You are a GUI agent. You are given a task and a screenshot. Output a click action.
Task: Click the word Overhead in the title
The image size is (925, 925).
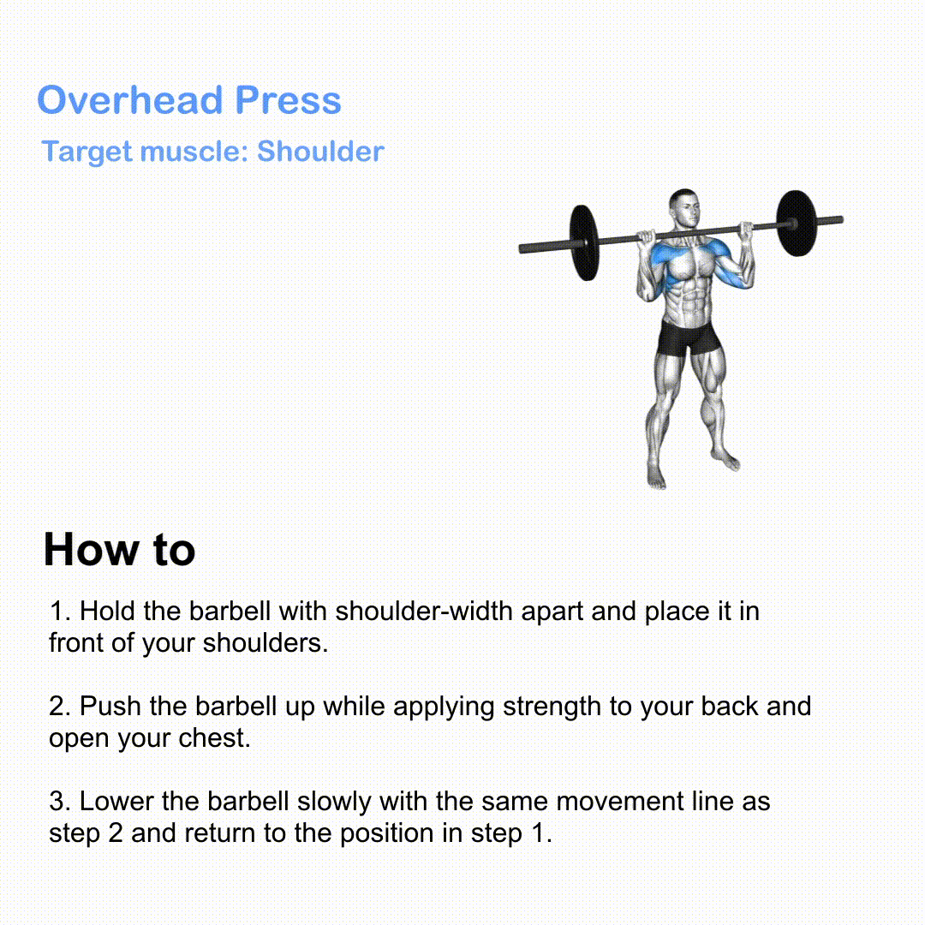[x=130, y=99]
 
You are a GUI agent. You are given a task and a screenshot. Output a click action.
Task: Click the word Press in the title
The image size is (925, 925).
[x=288, y=99]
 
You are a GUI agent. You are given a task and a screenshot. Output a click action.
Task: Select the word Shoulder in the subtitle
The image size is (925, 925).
[x=320, y=151]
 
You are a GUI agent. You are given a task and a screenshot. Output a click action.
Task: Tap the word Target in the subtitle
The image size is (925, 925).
[x=87, y=152]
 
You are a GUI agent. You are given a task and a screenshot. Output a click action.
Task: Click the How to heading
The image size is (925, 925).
[x=119, y=549]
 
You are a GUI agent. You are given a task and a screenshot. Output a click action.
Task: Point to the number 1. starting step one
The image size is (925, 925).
[x=60, y=611]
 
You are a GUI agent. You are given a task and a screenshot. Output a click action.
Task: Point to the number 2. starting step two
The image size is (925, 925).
[x=60, y=706]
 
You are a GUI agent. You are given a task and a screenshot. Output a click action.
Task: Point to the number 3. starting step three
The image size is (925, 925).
[x=60, y=801]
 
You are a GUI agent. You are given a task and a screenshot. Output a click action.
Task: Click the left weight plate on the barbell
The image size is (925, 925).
[x=584, y=242]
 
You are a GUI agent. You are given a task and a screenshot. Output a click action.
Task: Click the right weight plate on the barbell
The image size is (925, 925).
[x=796, y=223]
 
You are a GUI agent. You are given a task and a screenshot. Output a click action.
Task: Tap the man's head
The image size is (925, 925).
[x=685, y=207]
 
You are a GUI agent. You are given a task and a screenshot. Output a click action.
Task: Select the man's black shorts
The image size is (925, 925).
[x=689, y=338]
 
